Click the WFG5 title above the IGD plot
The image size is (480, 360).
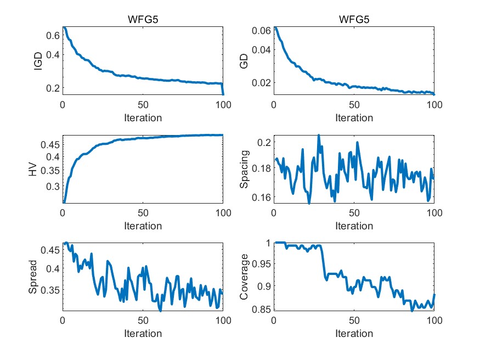click(x=143, y=21)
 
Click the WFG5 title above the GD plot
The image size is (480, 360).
click(x=354, y=21)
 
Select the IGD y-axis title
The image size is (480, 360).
click(x=37, y=60)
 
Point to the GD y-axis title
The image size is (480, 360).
click(x=244, y=60)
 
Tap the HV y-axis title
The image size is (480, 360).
click(x=33, y=169)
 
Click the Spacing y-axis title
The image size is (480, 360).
click(x=244, y=169)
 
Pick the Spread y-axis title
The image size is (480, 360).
click(x=33, y=277)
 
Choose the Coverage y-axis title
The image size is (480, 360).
click(x=244, y=277)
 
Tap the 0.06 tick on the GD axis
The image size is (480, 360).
click(x=261, y=30)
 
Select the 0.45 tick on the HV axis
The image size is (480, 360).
click(x=50, y=145)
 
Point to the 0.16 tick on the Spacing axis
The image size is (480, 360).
click(x=261, y=197)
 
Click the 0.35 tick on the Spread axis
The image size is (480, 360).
click(x=50, y=290)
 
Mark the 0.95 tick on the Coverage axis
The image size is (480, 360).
click(x=261, y=264)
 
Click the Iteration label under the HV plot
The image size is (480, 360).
click(x=143, y=226)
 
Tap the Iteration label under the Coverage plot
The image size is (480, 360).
click(x=354, y=334)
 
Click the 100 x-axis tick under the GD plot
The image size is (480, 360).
click(x=434, y=104)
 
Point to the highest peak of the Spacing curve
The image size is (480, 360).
click(x=319, y=135)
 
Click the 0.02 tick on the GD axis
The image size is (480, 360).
click(x=261, y=82)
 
